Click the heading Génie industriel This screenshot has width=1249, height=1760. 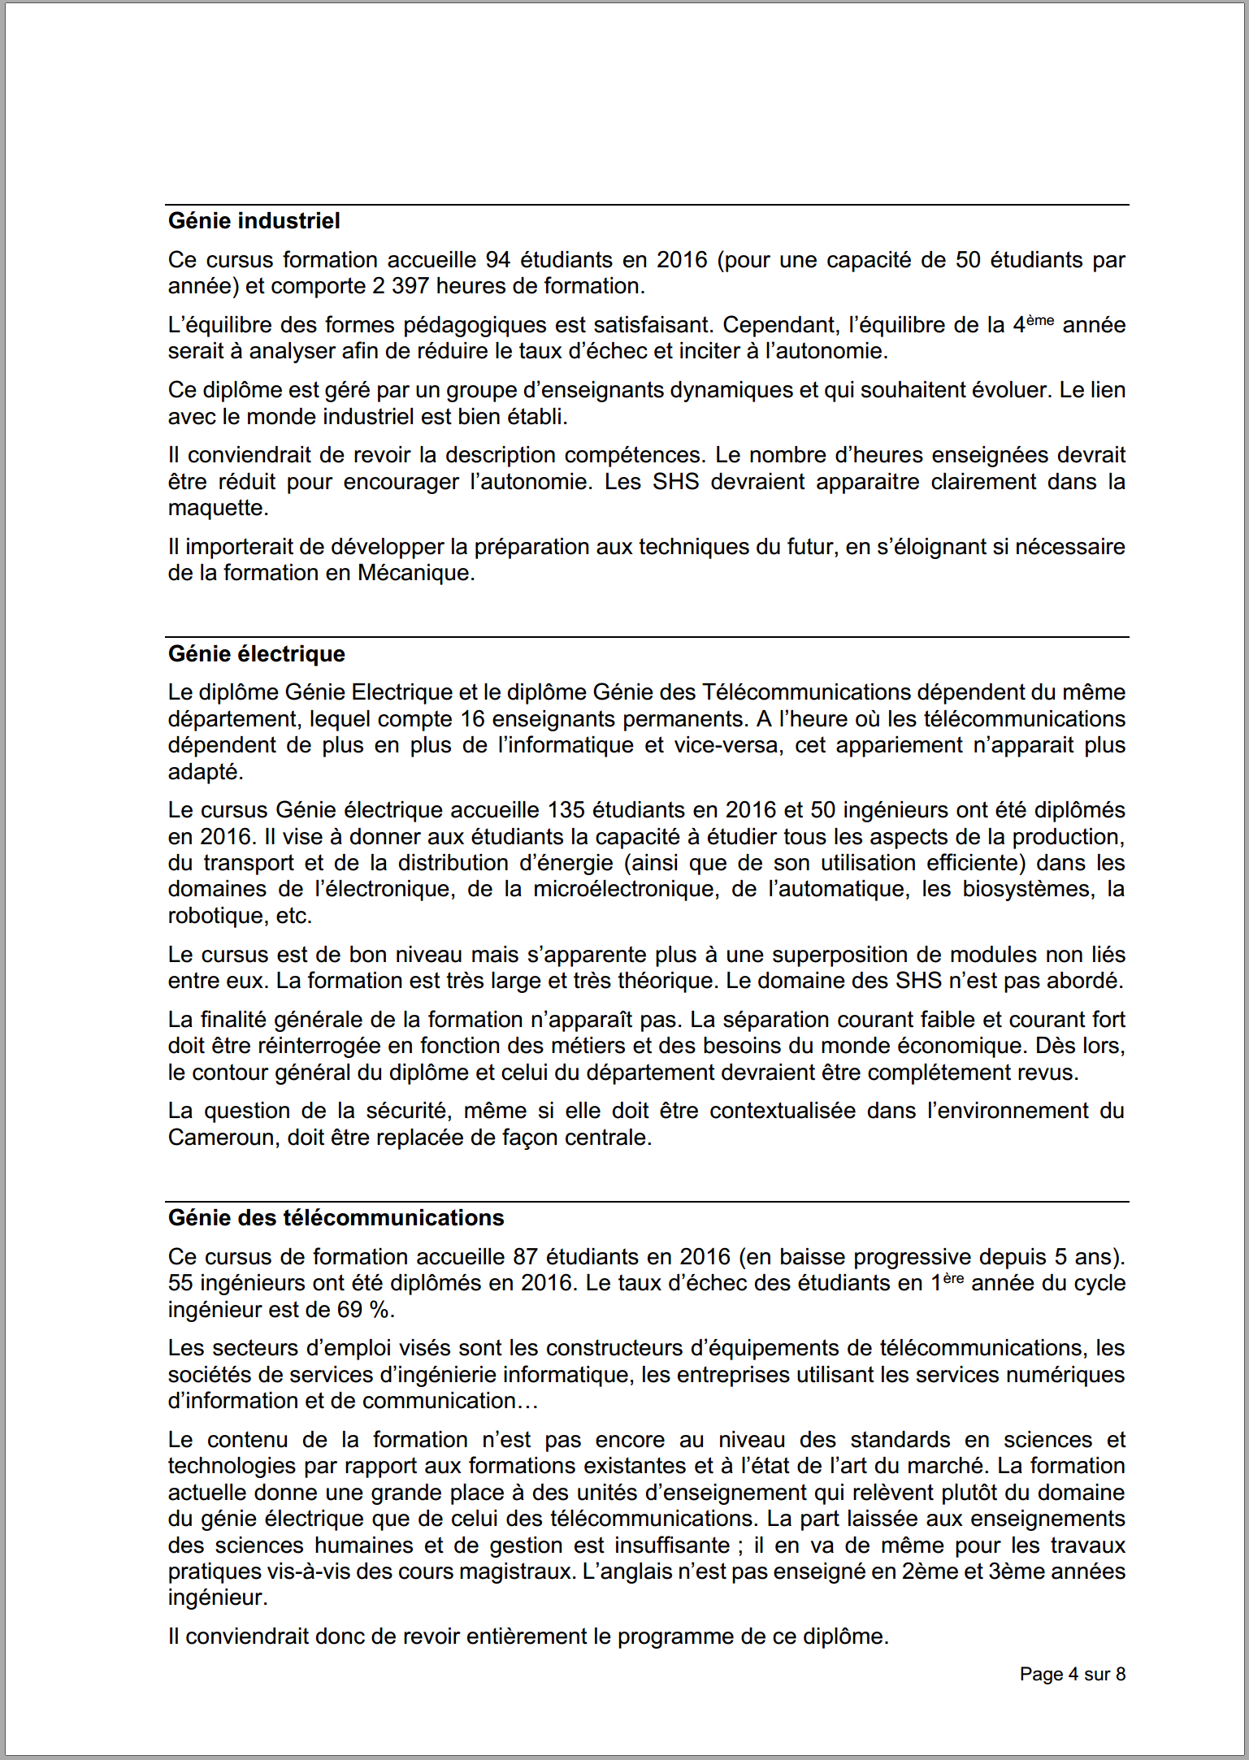tap(254, 221)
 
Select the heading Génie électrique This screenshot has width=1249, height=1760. tap(256, 654)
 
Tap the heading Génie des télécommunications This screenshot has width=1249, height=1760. tap(336, 1218)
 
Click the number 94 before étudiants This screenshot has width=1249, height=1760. tap(497, 260)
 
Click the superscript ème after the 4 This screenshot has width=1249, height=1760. tap(1040, 320)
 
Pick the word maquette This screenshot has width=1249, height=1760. tap(217, 509)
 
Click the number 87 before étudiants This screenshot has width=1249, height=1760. tap(525, 1257)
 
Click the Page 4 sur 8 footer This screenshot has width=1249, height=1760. tap(1072, 1674)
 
